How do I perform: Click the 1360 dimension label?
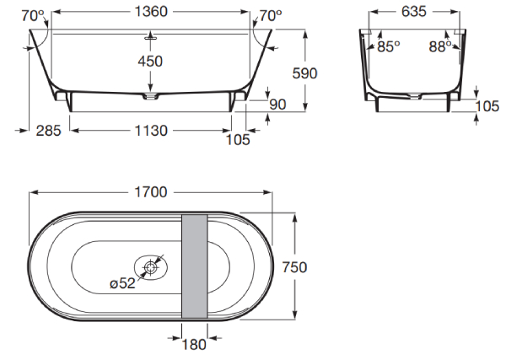click(x=151, y=12)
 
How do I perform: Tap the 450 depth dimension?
click(x=150, y=62)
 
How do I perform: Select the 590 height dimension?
click(x=304, y=73)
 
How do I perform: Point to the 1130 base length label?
click(x=151, y=131)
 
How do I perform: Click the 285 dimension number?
click(x=48, y=131)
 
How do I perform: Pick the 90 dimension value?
click(x=277, y=105)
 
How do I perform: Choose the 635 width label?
click(x=414, y=12)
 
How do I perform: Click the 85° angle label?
click(x=389, y=46)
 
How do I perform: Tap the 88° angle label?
click(x=440, y=46)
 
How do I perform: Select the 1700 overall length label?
click(x=151, y=192)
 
